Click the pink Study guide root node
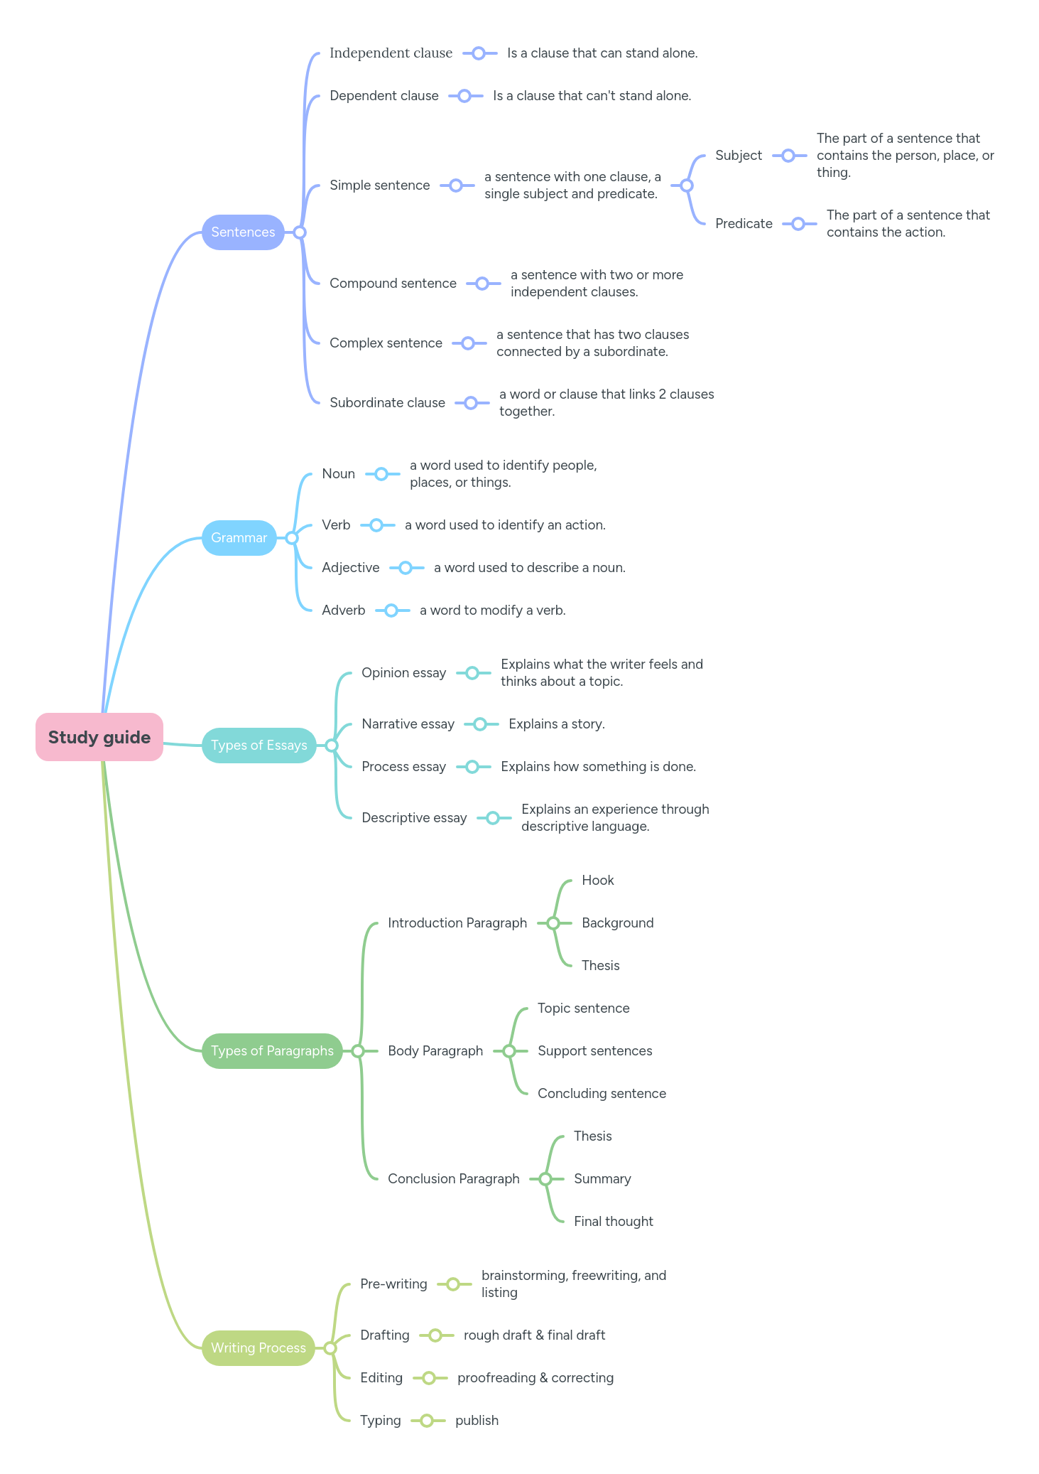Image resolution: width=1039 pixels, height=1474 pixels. pos(99,737)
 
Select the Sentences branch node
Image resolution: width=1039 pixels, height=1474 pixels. pos(243,232)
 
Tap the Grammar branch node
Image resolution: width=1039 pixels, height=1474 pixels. pos(239,538)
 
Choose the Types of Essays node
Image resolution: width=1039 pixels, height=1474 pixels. pos(259,746)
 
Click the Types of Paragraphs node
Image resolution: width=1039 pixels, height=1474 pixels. pos(272,1051)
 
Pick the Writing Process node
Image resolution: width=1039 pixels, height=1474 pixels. pos(258,1348)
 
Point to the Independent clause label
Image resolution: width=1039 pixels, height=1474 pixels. pos(391,53)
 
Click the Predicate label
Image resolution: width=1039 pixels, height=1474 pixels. pos(744,224)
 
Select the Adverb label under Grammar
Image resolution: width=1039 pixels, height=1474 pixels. pos(343,610)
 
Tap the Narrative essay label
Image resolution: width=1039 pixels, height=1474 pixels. pos(408,724)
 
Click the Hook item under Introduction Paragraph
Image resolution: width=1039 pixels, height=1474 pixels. pos(597,881)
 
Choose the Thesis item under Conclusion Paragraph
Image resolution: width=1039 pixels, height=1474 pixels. pos(592,1136)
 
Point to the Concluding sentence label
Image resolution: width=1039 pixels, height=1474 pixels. pos(602,1094)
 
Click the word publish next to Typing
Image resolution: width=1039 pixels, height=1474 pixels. pos(477,1421)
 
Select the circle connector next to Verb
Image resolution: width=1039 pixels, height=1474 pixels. pos(377,525)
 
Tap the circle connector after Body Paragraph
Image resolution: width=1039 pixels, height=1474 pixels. pos(509,1051)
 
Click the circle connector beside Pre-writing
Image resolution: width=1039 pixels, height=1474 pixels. pos(453,1284)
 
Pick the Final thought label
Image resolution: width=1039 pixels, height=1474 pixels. pos(613,1222)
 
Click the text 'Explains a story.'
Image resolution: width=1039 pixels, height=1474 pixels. pos(556,724)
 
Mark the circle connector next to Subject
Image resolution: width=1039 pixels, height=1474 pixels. pos(788,156)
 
